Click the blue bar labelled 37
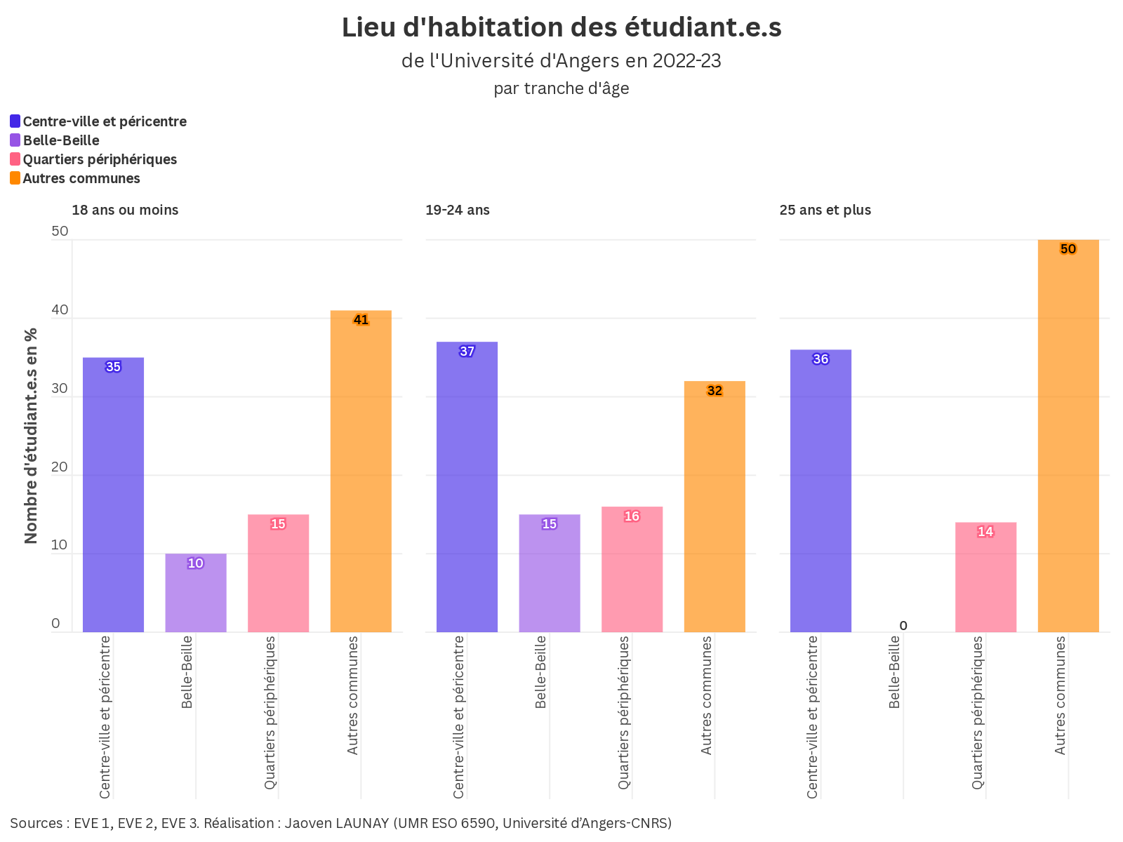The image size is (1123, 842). coord(467,491)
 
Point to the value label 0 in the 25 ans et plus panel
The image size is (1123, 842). coord(903,626)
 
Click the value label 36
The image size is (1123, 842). coord(820,359)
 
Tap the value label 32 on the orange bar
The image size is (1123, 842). coord(715,391)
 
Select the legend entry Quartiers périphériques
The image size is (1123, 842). coord(100,159)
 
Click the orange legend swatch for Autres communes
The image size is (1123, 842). coord(15,178)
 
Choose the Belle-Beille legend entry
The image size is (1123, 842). coord(61,140)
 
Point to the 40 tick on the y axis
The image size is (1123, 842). coord(60,310)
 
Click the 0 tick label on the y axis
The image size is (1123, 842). coord(56,624)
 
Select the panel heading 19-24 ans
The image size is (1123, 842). coord(458,210)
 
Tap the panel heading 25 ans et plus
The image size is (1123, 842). coord(825,210)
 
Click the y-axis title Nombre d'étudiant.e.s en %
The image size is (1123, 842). coord(31,435)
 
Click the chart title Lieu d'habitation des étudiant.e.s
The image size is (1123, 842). coord(561,28)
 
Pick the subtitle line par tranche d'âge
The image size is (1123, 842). coord(561,88)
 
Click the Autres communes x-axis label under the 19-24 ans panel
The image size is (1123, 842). coord(707,695)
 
